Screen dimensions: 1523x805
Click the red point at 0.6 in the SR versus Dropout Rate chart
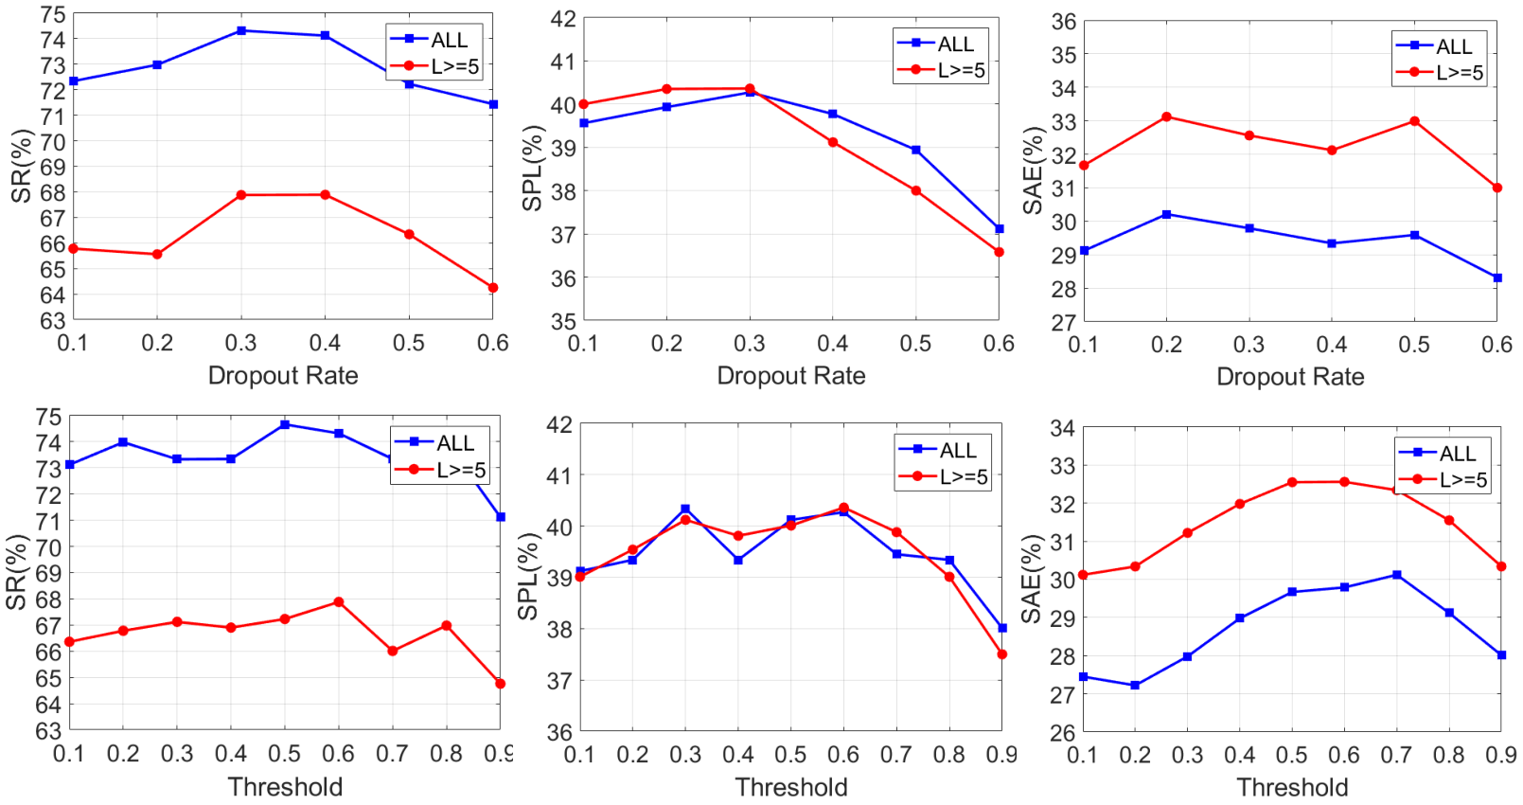click(x=493, y=288)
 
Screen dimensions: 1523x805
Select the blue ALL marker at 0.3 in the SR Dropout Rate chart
click(x=241, y=30)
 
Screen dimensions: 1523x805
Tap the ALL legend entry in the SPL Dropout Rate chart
click(x=940, y=44)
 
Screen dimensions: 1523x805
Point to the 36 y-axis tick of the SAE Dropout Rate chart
click(x=1064, y=22)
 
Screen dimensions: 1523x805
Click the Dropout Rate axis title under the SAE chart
click(x=1290, y=376)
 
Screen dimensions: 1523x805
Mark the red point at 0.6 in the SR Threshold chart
click(x=339, y=602)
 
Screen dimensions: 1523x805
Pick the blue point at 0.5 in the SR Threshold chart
click(x=285, y=424)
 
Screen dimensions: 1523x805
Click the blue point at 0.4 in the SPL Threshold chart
click(x=738, y=560)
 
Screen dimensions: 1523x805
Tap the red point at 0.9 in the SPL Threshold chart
click(x=1001, y=653)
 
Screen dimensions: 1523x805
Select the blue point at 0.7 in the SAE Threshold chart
click(x=1397, y=575)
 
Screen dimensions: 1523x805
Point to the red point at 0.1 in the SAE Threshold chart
click(x=1083, y=575)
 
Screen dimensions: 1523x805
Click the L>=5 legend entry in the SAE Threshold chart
click(x=1444, y=480)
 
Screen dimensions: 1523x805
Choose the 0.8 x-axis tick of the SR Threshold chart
click(x=446, y=753)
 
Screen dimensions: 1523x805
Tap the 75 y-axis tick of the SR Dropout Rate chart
click(x=53, y=14)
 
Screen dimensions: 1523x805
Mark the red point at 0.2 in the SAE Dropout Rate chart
click(x=1167, y=117)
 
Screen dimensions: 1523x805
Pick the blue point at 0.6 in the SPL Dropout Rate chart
click(x=1000, y=228)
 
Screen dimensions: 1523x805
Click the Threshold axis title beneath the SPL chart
click(x=791, y=787)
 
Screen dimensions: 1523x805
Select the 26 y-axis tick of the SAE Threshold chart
click(x=1063, y=732)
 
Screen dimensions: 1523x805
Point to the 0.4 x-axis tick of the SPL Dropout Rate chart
click(x=833, y=344)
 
